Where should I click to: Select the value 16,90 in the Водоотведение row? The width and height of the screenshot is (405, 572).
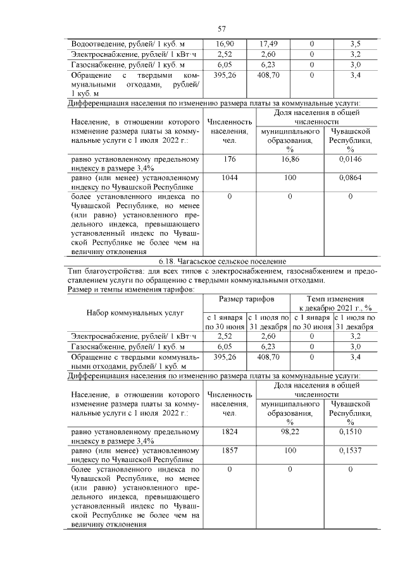tap(225, 44)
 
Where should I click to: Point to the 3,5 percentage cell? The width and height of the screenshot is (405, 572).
tap(355, 44)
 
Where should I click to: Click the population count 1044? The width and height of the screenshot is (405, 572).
tap(230, 178)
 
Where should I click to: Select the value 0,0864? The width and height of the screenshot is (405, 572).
tap(350, 178)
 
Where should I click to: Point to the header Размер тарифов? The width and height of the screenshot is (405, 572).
tap(246, 298)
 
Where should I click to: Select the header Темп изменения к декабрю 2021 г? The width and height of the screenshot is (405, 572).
tap(333, 302)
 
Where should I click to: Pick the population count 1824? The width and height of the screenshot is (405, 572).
tap(230, 432)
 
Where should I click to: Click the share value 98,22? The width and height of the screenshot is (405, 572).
tap(290, 432)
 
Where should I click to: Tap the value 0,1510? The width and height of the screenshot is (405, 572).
tap(350, 432)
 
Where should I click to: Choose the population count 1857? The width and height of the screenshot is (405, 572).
tap(230, 451)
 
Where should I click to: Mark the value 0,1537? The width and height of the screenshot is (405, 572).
tap(350, 451)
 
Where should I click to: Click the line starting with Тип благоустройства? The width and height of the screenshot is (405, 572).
tap(221, 271)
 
